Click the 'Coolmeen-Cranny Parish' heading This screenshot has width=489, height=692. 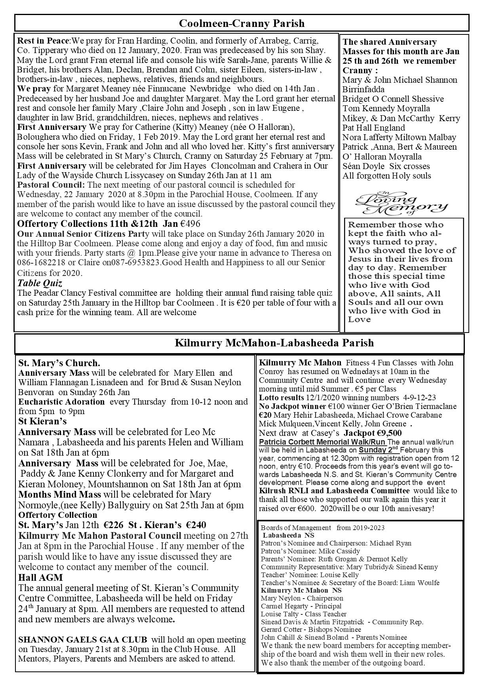click(242, 23)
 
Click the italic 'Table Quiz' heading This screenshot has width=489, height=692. click(40, 283)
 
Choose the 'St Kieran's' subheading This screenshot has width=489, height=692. click(42, 421)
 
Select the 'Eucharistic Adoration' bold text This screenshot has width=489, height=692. click(61, 402)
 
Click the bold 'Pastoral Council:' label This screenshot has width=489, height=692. click(51, 185)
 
